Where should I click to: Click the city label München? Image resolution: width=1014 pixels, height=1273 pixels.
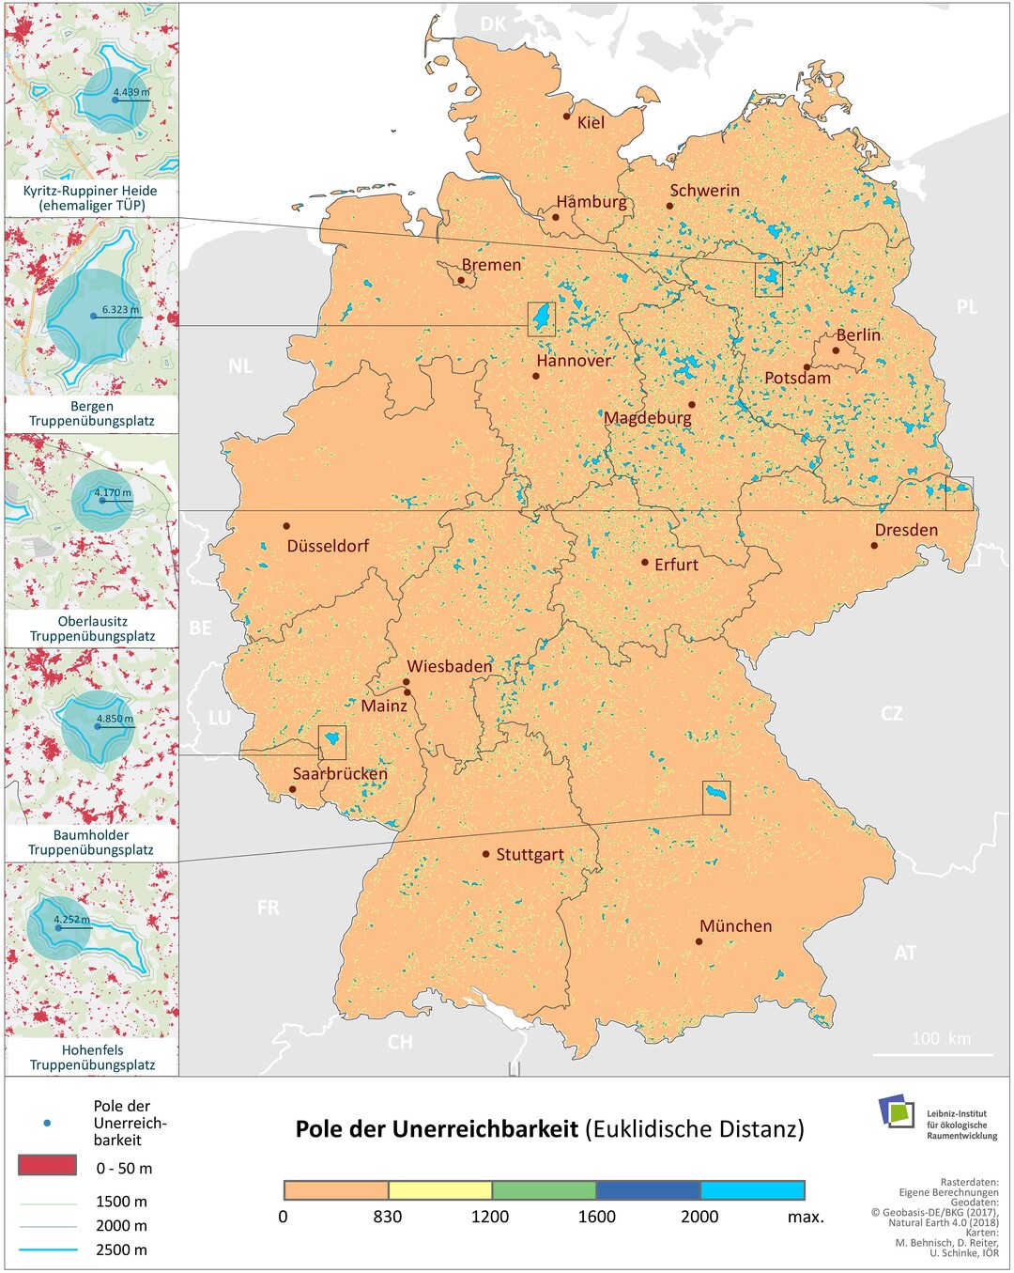pyautogui.click(x=735, y=926)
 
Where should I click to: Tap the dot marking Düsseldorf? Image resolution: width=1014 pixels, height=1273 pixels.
pyautogui.click(x=286, y=526)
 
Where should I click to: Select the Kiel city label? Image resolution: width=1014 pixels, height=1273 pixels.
pyautogui.click(x=591, y=122)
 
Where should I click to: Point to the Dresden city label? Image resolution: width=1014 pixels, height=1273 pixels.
pyautogui.click(x=906, y=530)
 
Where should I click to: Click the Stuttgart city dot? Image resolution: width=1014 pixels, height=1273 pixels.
pyautogui.click(x=485, y=854)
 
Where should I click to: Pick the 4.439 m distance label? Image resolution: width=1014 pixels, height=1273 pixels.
pyautogui.click(x=131, y=92)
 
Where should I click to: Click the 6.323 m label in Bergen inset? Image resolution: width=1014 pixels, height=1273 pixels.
pyautogui.click(x=120, y=309)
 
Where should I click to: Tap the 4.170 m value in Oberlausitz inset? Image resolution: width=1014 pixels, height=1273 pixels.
pyautogui.click(x=113, y=492)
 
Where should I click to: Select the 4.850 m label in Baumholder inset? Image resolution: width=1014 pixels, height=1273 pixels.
pyautogui.click(x=115, y=719)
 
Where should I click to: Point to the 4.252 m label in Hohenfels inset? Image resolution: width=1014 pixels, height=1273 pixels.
pyautogui.click(x=71, y=920)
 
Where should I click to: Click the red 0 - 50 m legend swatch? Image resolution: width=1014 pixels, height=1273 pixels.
pyautogui.click(x=47, y=1166)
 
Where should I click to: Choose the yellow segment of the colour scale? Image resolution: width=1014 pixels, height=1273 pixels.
pyautogui.click(x=439, y=1190)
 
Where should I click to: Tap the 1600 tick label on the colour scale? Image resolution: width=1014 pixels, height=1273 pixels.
pyautogui.click(x=596, y=1217)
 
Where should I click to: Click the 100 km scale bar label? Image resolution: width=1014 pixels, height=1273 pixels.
pyautogui.click(x=941, y=1038)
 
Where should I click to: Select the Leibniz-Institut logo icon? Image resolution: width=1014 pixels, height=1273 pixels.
pyautogui.click(x=897, y=1111)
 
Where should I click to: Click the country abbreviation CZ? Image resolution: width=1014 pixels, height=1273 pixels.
pyautogui.click(x=892, y=713)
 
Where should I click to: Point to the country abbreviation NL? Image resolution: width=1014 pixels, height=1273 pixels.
pyautogui.click(x=240, y=365)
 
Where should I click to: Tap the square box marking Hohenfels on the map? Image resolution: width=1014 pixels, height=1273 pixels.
pyautogui.click(x=716, y=798)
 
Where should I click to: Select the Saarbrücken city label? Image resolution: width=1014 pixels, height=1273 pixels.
pyautogui.click(x=340, y=774)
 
